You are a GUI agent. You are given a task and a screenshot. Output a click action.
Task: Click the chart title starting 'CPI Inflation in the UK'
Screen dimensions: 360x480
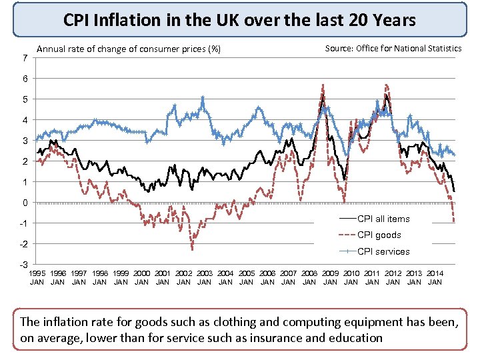pyautogui.click(x=239, y=20)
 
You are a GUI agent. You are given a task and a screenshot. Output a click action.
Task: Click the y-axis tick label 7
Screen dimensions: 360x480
pyautogui.click(x=25, y=59)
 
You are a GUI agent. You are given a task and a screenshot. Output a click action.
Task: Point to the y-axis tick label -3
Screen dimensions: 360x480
pyautogui.click(x=24, y=265)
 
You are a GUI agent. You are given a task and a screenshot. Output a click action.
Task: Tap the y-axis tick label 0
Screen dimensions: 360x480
pyautogui.click(x=25, y=203)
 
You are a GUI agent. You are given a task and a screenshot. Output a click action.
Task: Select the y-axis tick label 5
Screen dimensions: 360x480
pyautogui.click(x=25, y=99)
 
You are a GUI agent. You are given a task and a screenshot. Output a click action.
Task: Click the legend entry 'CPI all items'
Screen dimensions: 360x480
pyautogui.click(x=383, y=219)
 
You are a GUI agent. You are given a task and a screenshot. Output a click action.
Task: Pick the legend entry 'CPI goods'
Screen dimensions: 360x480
pyautogui.click(x=379, y=235)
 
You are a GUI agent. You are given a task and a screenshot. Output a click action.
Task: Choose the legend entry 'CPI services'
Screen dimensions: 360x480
pyautogui.click(x=383, y=251)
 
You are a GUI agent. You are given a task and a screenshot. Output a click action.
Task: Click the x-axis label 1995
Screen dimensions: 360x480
pyautogui.click(x=37, y=273)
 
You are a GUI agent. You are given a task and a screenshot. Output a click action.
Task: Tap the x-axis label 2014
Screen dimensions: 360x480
pyautogui.click(x=435, y=273)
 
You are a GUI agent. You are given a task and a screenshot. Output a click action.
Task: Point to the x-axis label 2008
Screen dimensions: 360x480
pyautogui.click(x=309, y=273)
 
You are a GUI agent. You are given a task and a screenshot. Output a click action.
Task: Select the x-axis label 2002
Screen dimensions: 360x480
pyautogui.click(x=184, y=273)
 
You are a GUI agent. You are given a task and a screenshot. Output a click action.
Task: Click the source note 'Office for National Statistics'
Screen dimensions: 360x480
pyautogui.click(x=409, y=49)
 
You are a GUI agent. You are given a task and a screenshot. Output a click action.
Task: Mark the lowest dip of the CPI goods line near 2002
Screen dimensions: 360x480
pyautogui.click(x=192, y=249)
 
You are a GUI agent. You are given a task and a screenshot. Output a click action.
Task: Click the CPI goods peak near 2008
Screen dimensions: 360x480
pyautogui.click(x=323, y=85)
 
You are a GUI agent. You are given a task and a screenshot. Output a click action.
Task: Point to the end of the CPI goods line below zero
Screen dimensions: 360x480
pyautogui.click(x=454, y=221)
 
